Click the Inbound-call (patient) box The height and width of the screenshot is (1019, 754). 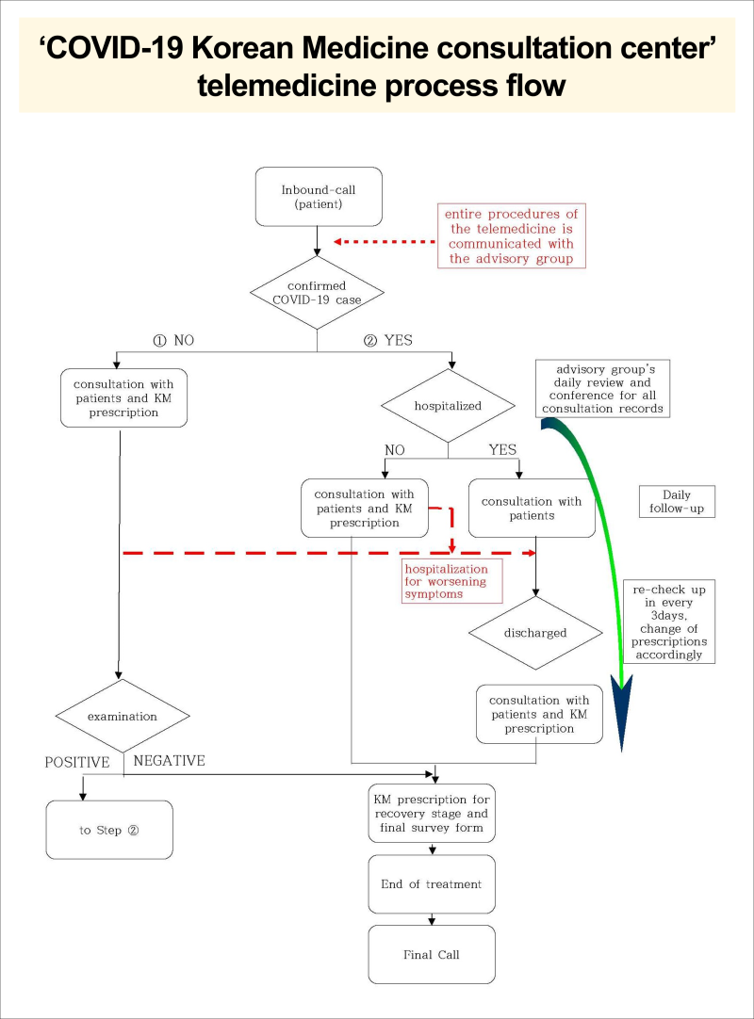pyautogui.click(x=319, y=197)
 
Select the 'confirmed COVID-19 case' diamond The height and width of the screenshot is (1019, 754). pyautogui.click(x=318, y=292)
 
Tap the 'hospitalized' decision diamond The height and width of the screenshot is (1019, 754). pyautogui.click(x=448, y=407)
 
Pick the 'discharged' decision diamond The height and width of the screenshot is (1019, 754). pyautogui.click(x=536, y=633)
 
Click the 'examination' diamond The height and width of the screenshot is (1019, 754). pyautogui.click(x=123, y=717)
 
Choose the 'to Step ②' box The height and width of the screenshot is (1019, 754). pyautogui.click(x=109, y=830)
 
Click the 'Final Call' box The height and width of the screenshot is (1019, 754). pyautogui.click(x=431, y=954)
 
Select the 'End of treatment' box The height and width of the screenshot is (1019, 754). pyautogui.click(x=431, y=884)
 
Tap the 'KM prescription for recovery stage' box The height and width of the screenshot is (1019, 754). pyautogui.click(x=432, y=813)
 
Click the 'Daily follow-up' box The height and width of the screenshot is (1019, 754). pyautogui.click(x=677, y=501)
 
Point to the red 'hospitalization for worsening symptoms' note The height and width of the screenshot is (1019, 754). pyautogui.click(x=446, y=582)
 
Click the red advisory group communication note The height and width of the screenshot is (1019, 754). pyautogui.click(x=511, y=235)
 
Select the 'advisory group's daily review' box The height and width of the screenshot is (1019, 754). pyautogui.click(x=602, y=388)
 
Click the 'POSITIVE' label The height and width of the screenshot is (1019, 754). pyautogui.click(x=77, y=761)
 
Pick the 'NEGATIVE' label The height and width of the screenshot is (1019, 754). pyautogui.click(x=170, y=760)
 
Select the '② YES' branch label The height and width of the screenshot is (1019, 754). pyautogui.click(x=387, y=340)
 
